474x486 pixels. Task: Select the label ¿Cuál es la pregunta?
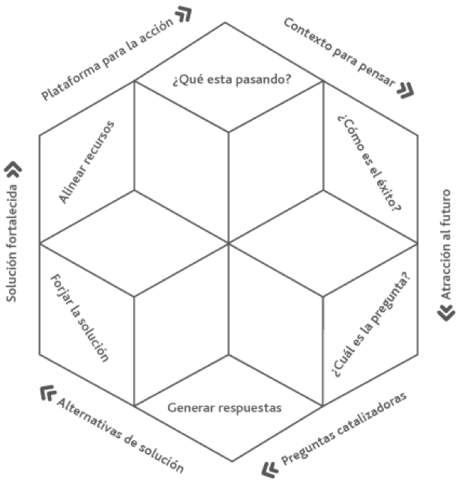pos(370,324)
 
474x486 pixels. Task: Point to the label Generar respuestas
pos(224,408)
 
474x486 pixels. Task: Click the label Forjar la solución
pos(80,318)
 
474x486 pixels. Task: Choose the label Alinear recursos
pos(87,161)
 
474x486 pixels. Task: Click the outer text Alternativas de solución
pos(120,434)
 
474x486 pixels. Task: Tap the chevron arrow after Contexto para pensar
pos(405,91)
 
